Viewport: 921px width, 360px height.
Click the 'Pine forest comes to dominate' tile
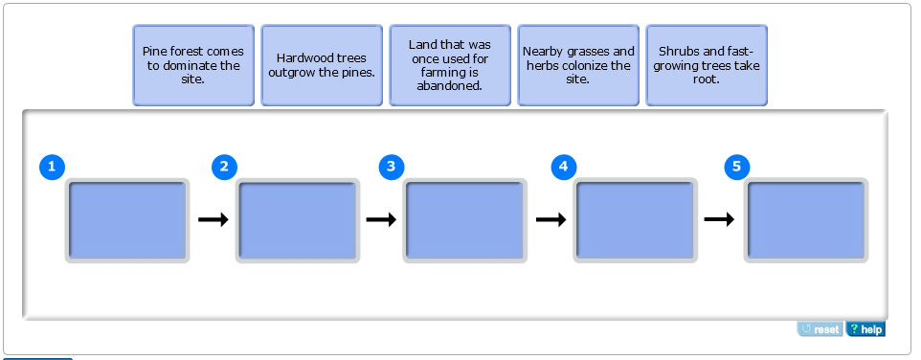click(193, 65)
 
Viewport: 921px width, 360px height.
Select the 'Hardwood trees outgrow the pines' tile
click(322, 65)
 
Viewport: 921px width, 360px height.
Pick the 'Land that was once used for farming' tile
click(450, 65)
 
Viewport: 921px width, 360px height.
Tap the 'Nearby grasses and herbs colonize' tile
click(578, 65)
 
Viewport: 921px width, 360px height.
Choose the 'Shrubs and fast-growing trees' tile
click(707, 65)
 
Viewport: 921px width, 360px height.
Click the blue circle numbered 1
click(52, 167)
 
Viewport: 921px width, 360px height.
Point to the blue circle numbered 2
click(224, 167)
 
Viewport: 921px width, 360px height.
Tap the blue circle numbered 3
click(391, 167)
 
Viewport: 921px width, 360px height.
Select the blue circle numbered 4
click(564, 167)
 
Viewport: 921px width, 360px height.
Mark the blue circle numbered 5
click(736, 167)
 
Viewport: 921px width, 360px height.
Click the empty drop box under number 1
click(126, 220)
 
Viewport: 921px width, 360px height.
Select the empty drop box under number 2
click(298, 220)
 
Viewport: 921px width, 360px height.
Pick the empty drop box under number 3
click(465, 220)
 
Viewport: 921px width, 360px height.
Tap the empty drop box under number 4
click(636, 220)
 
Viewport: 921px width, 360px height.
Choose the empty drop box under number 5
click(806, 220)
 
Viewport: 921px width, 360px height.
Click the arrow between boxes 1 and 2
click(213, 220)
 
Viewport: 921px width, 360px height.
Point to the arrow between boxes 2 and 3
click(381, 220)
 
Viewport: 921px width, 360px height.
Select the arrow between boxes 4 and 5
click(719, 220)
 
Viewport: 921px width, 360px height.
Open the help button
click(865, 329)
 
